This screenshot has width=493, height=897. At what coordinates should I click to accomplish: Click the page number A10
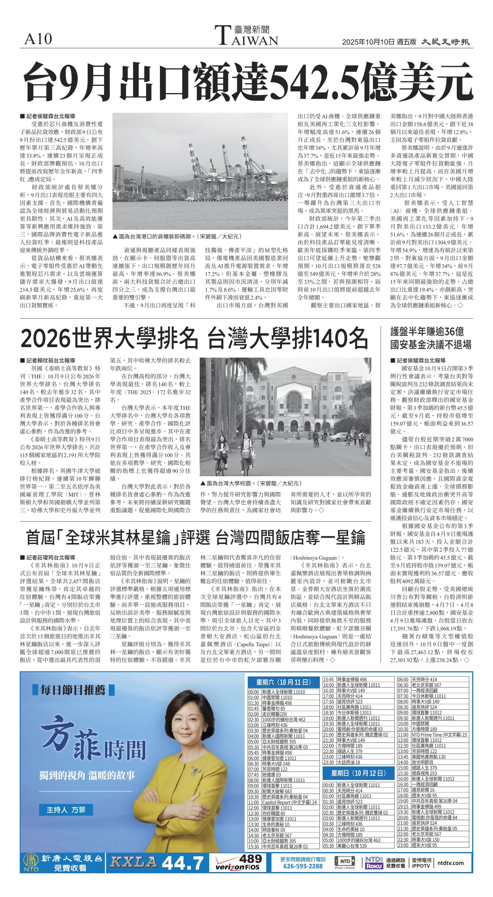point(38,39)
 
